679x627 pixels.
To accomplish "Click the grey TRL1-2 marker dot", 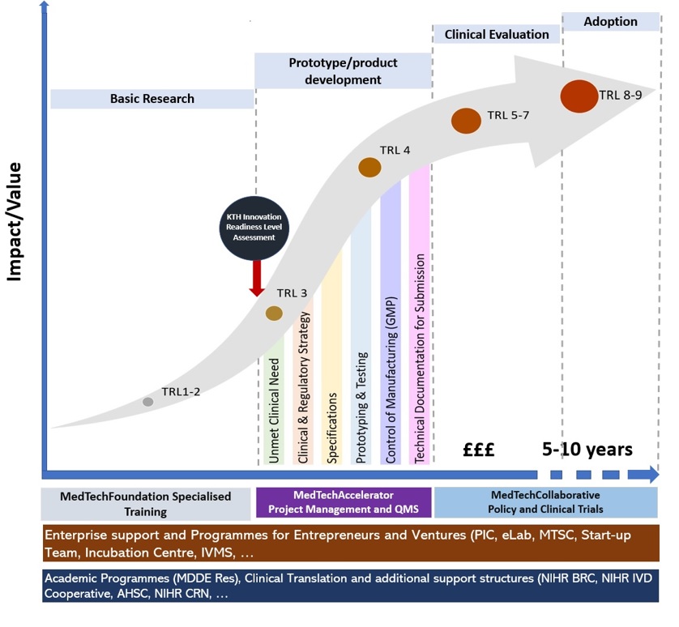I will (x=148, y=401).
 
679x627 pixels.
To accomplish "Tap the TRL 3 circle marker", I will (x=275, y=313).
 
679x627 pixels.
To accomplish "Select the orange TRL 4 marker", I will (x=369, y=168).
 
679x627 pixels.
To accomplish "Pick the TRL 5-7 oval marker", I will (x=466, y=121).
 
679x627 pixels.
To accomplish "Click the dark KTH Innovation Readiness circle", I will (x=255, y=227).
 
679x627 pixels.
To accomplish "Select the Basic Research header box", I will (x=152, y=99).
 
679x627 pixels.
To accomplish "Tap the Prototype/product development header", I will (x=343, y=70).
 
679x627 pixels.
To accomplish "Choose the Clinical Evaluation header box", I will (x=497, y=34).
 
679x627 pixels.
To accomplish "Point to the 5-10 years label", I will (x=587, y=448).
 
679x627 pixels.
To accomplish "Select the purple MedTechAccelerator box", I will (x=343, y=501).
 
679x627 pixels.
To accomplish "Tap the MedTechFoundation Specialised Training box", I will (x=146, y=503).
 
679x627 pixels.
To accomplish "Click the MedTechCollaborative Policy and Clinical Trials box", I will (x=545, y=501).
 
